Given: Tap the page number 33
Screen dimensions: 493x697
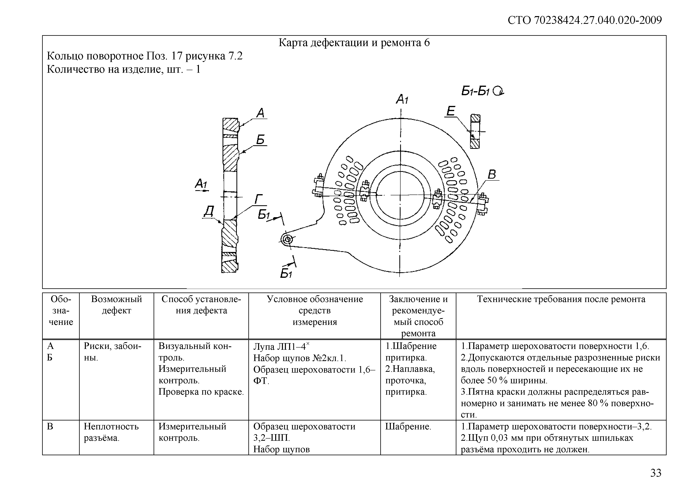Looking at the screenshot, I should click(x=656, y=473).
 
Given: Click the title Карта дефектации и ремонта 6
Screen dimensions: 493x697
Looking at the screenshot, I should click(x=354, y=43).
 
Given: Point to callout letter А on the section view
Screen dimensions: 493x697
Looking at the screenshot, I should click(x=260, y=113).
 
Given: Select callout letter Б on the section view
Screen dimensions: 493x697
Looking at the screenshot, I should click(x=260, y=140).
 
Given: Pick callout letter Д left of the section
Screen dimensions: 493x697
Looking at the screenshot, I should click(x=209, y=211).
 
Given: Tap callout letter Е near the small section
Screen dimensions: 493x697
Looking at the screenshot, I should click(x=451, y=111).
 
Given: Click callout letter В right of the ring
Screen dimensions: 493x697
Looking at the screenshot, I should click(x=492, y=174).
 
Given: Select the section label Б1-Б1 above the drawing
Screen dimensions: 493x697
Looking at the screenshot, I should click(x=482, y=91).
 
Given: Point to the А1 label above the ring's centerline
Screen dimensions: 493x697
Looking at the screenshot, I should click(x=402, y=99).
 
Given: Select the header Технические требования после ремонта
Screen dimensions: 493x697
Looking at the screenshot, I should click(x=561, y=299).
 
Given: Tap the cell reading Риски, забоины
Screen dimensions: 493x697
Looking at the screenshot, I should click(x=112, y=352).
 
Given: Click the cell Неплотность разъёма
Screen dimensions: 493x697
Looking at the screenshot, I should click(x=111, y=432).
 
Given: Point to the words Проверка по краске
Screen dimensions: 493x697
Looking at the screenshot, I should click(x=201, y=392).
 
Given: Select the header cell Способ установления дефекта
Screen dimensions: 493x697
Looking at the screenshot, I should click(x=201, y=305).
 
